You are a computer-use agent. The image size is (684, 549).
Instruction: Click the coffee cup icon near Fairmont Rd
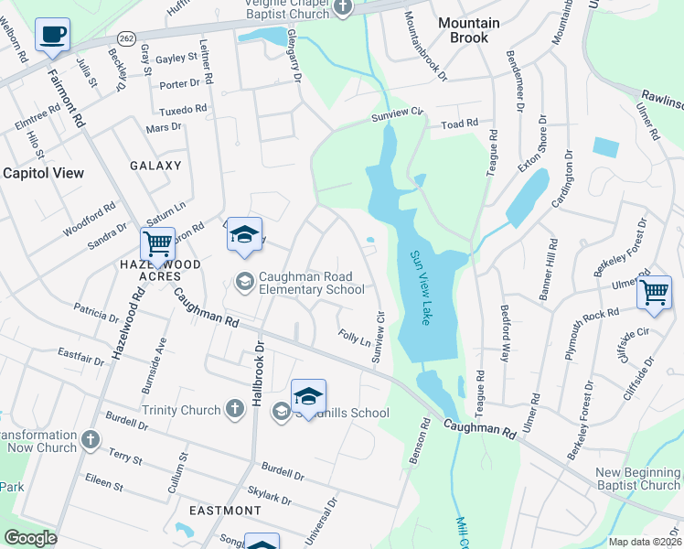[x=52, y=36]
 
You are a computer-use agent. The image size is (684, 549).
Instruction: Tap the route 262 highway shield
[x=126, y=38]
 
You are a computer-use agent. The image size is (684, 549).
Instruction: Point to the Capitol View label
[x=43, y=172]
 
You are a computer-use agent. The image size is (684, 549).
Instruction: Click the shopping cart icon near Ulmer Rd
[x=654, y=293]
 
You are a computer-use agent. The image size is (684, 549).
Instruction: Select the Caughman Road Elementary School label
[x=311, y=282]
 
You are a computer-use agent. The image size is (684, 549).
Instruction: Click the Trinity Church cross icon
[x=235, y=408]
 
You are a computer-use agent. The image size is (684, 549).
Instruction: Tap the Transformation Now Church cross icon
[x=90, y=440]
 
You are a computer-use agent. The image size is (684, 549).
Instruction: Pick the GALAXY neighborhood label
[x=155, y=166]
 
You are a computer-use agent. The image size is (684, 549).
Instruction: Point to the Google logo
[x=30, y=538]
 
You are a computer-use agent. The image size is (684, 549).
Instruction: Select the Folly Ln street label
[x=354, y=339]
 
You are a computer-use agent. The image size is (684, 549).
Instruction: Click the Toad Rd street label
[x=460, y=124]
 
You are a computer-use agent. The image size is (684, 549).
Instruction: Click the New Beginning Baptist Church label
[x=637, y=479]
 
